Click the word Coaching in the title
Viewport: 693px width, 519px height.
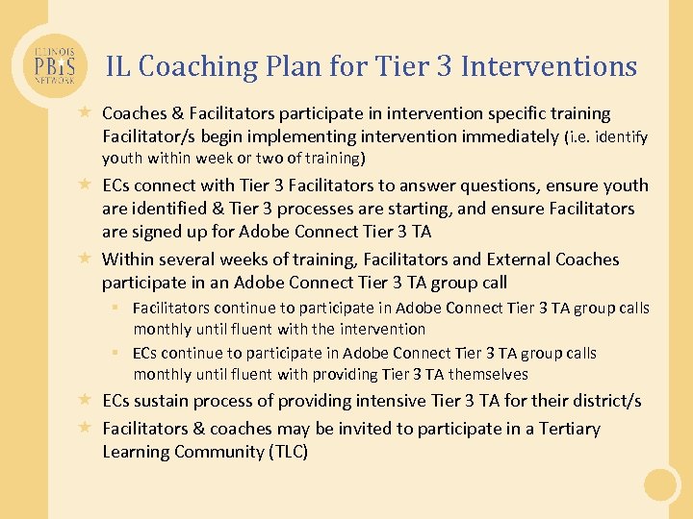point(198,66)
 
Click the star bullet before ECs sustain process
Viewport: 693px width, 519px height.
point(85,400)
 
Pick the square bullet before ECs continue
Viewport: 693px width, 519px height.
point(115,353)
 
